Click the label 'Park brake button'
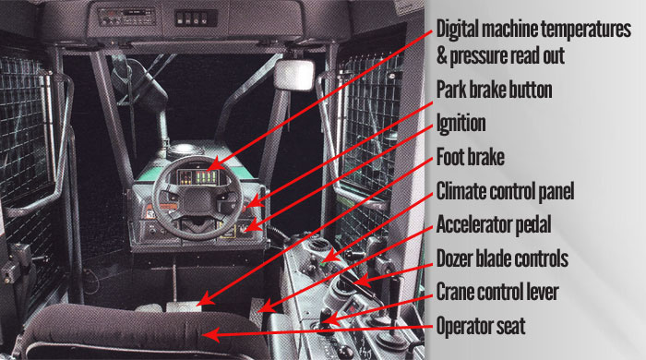(x=494, y=90)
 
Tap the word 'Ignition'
(x=461, y=124)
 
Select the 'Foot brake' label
(x=470, y=157)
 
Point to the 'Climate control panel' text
(x=505, y=191)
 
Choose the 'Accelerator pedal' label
(x=494, y=225)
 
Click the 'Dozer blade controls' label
(x=502, y=258)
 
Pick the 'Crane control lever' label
(x=497, y=292)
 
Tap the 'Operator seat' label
(x=481, y=326)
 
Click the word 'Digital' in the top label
(x=458, y=29)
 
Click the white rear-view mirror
(x=293, y=75)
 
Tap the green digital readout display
(x=208, y=177)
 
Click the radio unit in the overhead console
(x=127, y=17)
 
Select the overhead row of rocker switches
(x=196, y=18)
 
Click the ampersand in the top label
(x=442, y=56)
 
